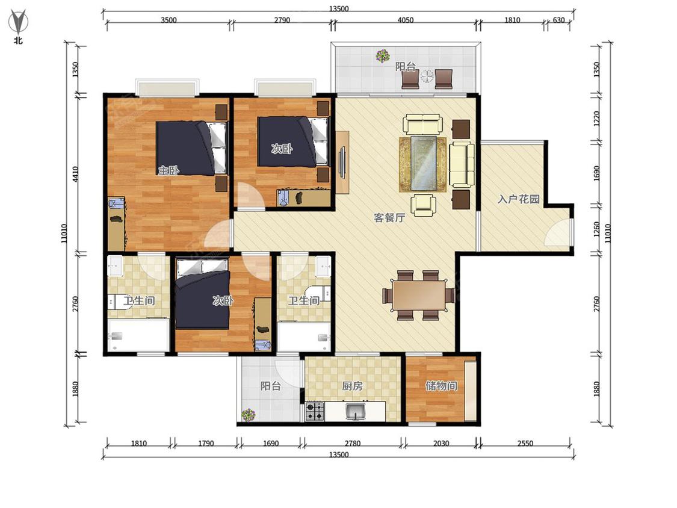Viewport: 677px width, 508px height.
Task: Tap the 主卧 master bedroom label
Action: point(168,170)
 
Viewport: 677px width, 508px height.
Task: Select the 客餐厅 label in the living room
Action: point(389,218)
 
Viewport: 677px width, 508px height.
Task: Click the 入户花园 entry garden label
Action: point(519,199)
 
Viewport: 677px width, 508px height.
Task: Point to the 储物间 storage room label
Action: point(441,385)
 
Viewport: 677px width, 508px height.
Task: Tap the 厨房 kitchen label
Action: point(352,386)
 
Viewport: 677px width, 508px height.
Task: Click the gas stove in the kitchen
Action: point(315,411)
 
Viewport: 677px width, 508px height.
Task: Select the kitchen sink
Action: point(356,411)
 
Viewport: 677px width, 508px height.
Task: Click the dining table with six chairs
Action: point(419,296)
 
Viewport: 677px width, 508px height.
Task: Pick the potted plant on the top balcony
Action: point(383,56)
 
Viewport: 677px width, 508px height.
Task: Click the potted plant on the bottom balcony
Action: point(249,415)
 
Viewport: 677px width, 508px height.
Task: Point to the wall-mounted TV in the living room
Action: point(342,162)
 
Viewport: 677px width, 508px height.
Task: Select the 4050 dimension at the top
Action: point(405,20)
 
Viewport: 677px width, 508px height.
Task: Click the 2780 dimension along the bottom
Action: point(352,443)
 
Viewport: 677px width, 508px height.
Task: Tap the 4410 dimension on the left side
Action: point(76,174)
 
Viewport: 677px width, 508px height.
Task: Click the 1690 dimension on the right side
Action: point(596,174)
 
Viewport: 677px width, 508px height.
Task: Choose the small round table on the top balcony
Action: point(427,76)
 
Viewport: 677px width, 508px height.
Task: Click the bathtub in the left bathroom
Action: point(138,336)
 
